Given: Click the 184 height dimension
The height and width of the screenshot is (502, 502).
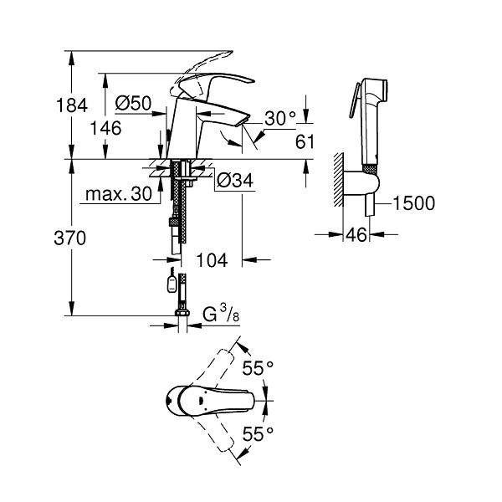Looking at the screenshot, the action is pos(72,105).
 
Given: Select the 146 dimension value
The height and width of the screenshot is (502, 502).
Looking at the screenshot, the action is pos(105,128).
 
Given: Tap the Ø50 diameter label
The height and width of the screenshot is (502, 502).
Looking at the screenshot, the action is pos(133,103).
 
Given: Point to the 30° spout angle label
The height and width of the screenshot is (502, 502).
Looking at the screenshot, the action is pos(280,118).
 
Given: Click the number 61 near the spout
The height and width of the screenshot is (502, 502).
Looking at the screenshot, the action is pos(305,142).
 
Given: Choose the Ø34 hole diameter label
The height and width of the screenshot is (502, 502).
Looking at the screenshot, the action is pos(235,180).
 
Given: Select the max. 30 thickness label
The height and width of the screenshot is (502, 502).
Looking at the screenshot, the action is pos(119,194).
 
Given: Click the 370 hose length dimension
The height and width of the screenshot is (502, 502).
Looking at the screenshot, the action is pos(70,238).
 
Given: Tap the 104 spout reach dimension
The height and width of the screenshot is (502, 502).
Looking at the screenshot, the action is pos(212,260).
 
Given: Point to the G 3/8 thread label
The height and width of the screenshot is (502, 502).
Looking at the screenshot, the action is pos(221,314).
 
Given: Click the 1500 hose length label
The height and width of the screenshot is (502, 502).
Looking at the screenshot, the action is pos(414,203).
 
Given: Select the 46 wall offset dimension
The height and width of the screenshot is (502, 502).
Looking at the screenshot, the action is pos(356,234).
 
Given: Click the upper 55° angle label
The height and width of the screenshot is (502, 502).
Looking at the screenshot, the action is pos(258,368).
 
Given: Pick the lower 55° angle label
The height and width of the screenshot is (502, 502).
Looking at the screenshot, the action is pos(258,434).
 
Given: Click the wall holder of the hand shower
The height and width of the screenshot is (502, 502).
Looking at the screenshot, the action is pos(361,182).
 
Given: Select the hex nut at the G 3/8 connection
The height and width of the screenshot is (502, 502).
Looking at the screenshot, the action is pos(182,312).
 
